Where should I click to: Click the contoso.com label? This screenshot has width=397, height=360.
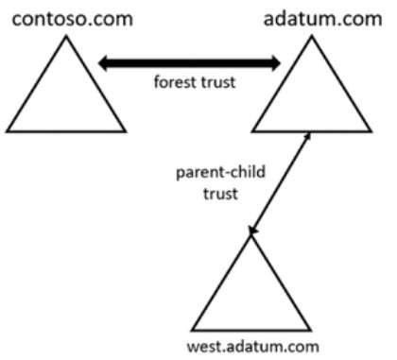(73, 19)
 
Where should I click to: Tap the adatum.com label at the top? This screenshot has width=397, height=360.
(323, 18)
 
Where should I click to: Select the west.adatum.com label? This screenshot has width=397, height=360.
(253, 347)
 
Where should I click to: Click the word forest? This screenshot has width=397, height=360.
(175, 82)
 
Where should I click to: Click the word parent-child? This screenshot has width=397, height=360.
(220, 173)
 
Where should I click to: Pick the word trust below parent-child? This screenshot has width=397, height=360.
(220, 194)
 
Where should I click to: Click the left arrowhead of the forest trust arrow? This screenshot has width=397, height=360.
(104, 63)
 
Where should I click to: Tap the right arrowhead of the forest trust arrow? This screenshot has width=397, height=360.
(275, 63)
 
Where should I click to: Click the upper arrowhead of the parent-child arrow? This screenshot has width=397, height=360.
(308, 135)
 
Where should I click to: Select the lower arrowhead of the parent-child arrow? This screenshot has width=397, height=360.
(252, 231)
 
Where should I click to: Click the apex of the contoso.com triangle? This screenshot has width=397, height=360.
(66, 36)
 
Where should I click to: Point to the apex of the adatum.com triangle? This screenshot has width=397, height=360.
(312, 36)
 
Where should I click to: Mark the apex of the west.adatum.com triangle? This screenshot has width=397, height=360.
(251, 236)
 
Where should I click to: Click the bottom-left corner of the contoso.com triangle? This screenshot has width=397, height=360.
(7, 131)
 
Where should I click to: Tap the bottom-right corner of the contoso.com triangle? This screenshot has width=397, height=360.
(126, 131)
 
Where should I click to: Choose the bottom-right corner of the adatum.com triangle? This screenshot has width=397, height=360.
(371, 131)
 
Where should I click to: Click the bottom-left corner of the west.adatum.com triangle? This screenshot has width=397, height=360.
(192, 331)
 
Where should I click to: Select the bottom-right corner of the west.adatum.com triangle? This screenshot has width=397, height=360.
(311, 331)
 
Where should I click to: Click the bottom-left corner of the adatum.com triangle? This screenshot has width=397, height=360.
(252, 131)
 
